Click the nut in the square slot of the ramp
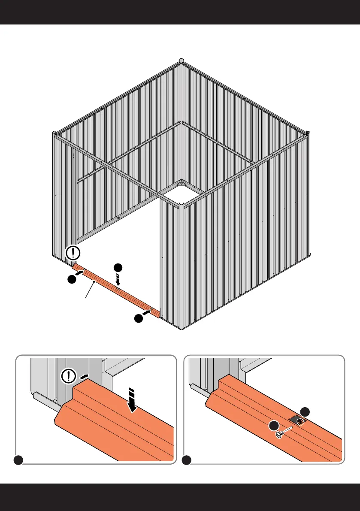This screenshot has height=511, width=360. [x=300, y=422]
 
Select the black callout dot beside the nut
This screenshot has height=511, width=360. [x=305, y=411]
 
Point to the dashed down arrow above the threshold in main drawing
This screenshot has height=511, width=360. [x=118, y=279]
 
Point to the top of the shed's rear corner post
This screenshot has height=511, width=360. [x=182, y=60]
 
